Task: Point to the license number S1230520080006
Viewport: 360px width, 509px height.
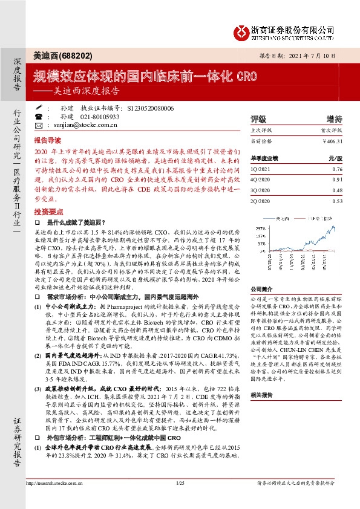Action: (151, 108)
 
